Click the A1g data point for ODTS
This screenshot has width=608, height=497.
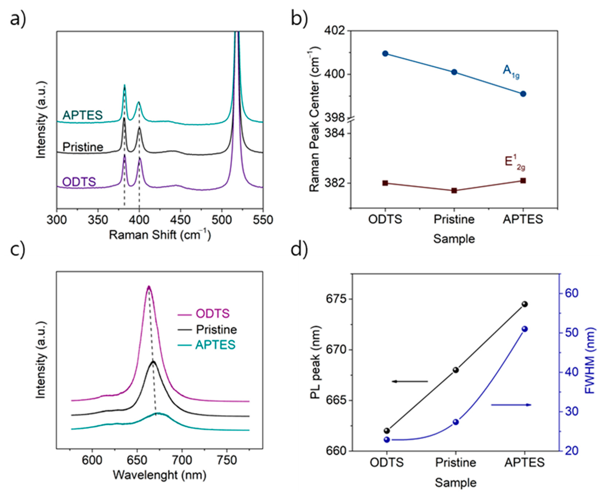(385, 53)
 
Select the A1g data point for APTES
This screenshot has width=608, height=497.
(523, 94)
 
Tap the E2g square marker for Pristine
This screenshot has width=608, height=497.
(454, 190)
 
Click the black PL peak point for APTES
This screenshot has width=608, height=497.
(524, 304)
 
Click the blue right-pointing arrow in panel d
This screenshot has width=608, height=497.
(511, 405)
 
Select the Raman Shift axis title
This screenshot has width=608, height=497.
(160, 235)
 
